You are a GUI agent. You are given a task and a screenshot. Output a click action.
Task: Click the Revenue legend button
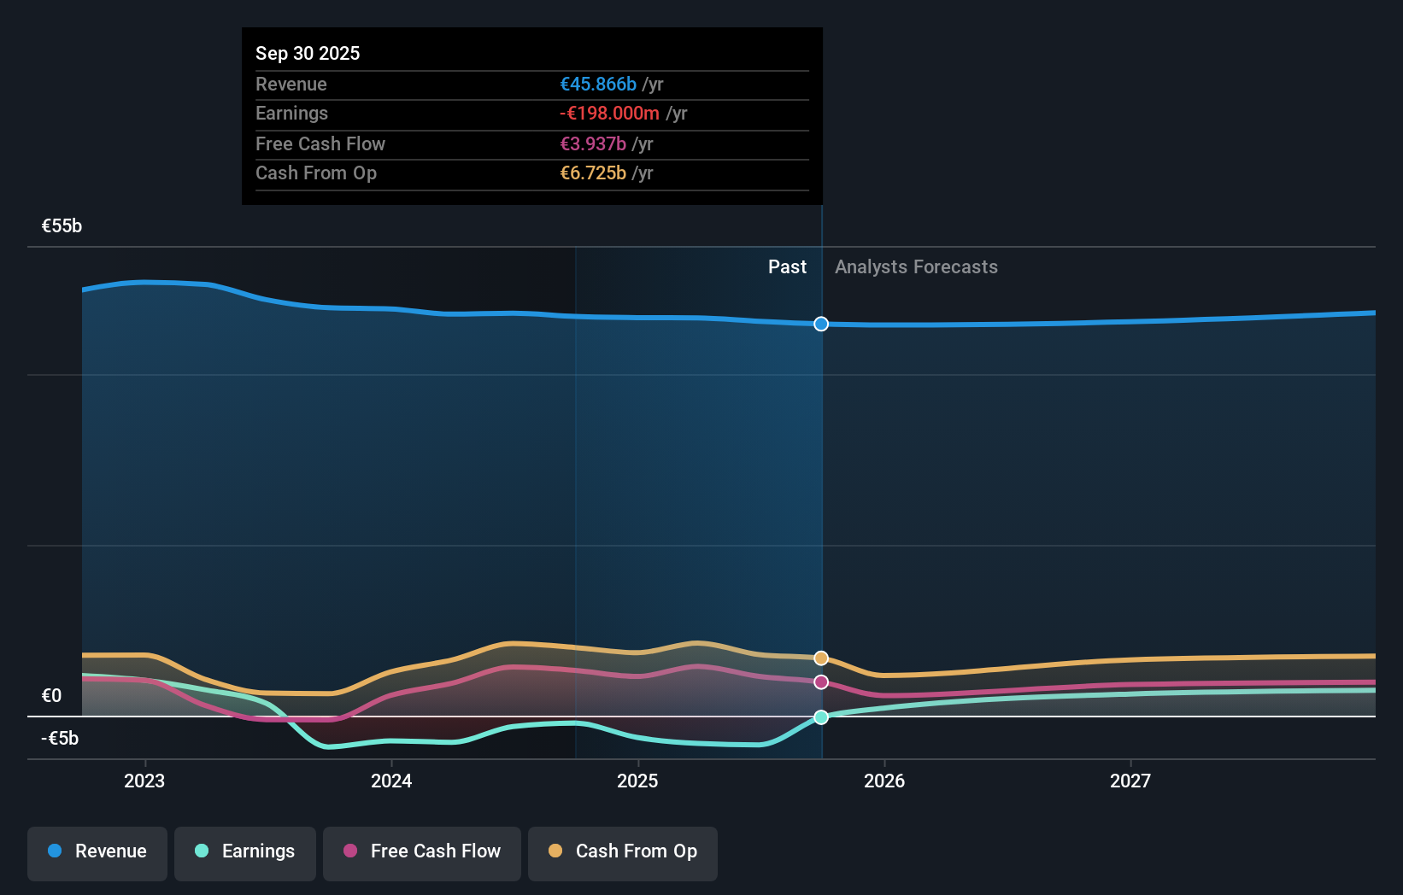(97, 851)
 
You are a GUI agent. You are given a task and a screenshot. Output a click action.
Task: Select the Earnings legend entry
(245, 851)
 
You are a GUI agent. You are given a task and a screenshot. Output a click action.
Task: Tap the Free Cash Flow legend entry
(422, 851)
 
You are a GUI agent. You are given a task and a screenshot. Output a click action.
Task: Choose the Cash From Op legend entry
(623, 851)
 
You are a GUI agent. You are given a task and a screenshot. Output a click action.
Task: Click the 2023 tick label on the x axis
(144, 781)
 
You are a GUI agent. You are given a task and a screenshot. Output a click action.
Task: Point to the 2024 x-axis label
(391, 781)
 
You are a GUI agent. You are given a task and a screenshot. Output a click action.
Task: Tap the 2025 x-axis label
(637, 781)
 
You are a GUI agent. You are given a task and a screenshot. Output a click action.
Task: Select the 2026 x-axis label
(884, 781)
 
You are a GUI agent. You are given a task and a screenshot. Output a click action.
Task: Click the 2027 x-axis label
(1130, 781)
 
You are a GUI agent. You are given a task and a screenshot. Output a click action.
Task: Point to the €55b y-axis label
(62, 226)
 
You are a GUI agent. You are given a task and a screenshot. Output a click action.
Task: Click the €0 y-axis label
(51, 696)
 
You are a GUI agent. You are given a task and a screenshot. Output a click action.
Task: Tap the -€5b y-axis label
(60, 739)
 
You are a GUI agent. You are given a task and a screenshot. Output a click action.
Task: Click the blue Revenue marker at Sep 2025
(821, 324)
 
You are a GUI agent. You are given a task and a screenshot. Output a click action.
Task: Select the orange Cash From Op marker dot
(821, 658)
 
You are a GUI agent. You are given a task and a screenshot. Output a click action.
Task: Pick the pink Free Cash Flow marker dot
(821, 682)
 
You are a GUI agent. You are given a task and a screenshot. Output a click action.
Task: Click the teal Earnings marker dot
(821, 717)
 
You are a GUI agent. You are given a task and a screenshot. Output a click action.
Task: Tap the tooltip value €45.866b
(598, 85)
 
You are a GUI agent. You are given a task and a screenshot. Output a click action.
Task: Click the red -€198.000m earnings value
(609, 114)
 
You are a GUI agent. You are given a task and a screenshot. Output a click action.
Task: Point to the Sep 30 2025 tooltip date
(308, 54)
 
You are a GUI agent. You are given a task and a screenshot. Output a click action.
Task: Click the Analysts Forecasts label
(916, 267)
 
